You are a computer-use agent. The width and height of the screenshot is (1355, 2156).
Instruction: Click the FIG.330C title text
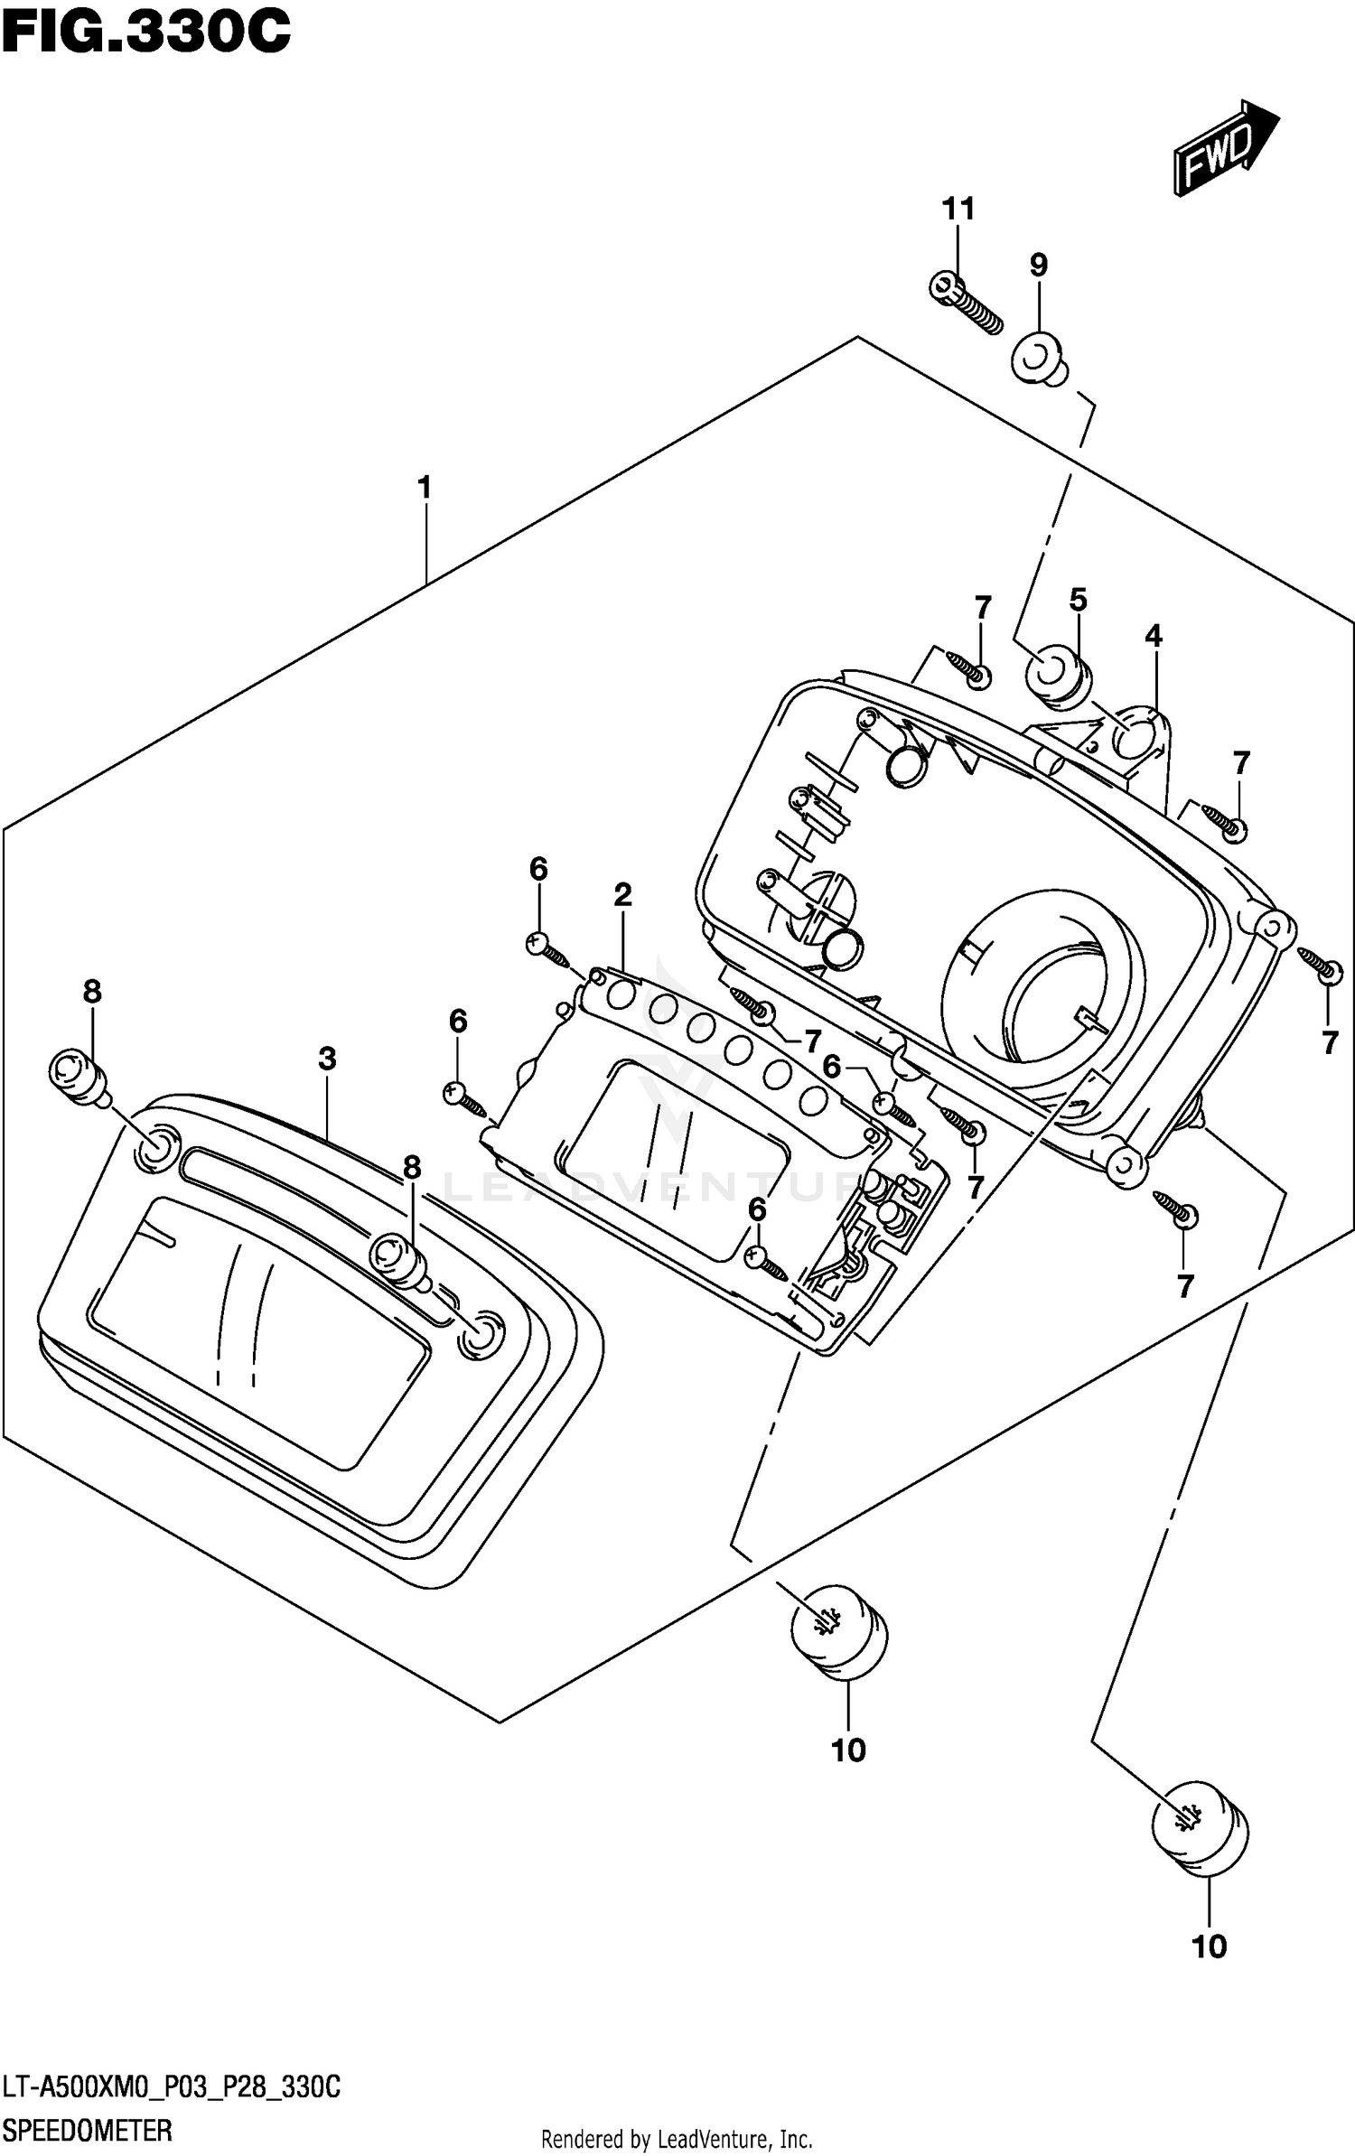tap(145, 33)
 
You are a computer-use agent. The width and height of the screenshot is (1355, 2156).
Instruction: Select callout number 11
tap(958, 210)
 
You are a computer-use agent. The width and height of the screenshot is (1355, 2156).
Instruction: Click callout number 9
tap(1038, 265)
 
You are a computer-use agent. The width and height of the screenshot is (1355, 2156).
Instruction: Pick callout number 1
tap(424, 489)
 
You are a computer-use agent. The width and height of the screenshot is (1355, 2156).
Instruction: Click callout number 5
tap(1078, 600)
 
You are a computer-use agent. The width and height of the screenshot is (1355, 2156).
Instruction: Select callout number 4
tap(1153, 636)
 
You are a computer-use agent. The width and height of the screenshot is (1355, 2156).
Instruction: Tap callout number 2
tap(622, 895)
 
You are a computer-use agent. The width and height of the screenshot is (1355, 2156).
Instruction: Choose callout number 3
tap(327, 1059)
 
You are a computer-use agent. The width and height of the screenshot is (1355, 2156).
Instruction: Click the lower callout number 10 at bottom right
tap(1209, 1946)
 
